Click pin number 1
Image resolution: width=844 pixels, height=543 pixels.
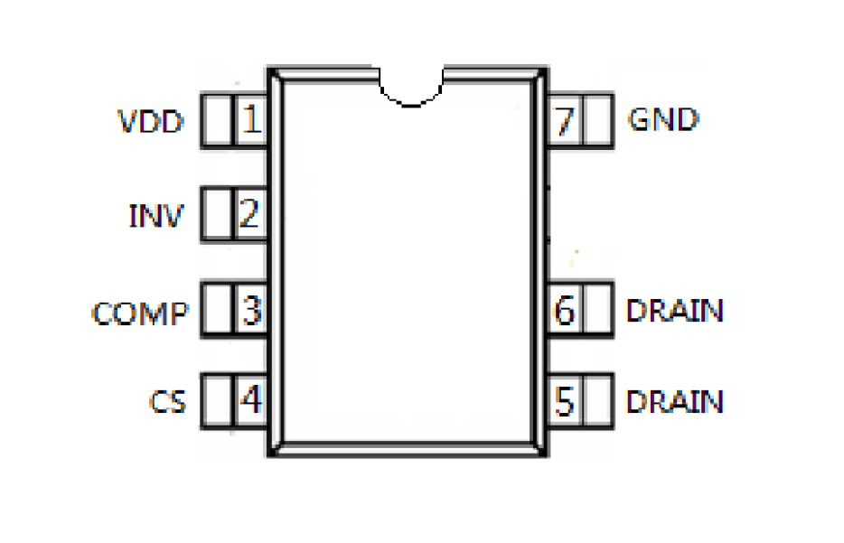(x=250, y=119)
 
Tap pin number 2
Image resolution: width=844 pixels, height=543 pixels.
(x=249, y=215)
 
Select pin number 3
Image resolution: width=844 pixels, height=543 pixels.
(x=250, y=311)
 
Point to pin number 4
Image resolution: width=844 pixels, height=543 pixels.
(x=250, y=400)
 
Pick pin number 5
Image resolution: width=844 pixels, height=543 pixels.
(x=565, y=400)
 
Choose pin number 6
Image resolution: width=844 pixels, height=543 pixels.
(x=565, y=311)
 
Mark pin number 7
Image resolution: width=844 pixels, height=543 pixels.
(x=565, y=119)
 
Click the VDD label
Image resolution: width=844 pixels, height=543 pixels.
(x=150, y=120)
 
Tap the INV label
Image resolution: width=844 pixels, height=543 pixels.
(x=156, y=216)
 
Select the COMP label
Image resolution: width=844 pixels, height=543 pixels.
(x=141, y=313)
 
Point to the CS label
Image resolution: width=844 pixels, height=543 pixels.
(x=168, y=401)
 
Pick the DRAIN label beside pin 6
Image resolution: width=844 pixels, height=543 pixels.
(x=675, y=311)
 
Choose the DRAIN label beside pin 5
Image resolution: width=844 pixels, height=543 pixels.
(x=675, y=400)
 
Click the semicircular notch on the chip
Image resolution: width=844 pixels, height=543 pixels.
(x=413, y=87)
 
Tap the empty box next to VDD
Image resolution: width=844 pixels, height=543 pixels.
(x=217, y=119)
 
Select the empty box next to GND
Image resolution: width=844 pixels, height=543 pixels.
(x=597, y=119)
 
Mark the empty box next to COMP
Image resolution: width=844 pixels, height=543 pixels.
(x=217, y=311)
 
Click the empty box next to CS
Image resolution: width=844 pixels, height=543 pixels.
(x=217, y=400)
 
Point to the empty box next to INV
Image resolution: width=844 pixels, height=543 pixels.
(x=217, y=215)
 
